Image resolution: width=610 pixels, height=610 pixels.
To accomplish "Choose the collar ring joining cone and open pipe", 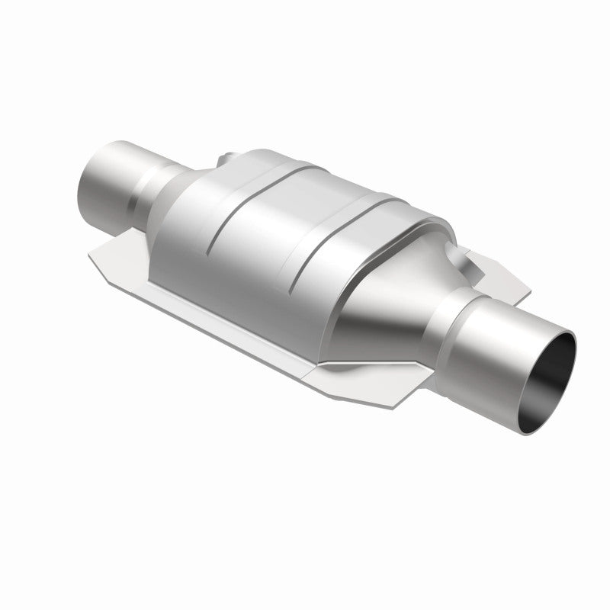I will pyautogui.click(x=450, y=320).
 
